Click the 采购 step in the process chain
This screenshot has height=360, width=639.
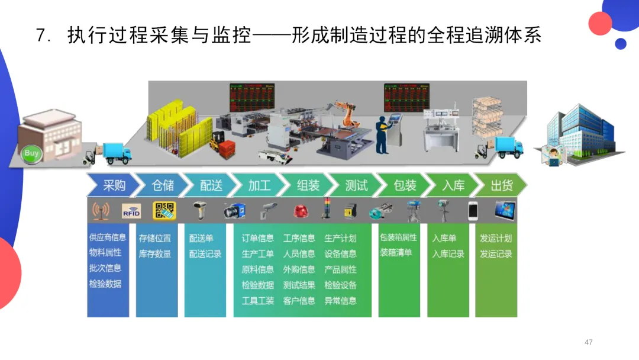114,185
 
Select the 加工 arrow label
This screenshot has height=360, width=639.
259,185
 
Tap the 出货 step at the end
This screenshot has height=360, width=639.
501,185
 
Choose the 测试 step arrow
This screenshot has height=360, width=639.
356,185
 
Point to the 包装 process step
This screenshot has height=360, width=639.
405,185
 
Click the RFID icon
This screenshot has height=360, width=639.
131,211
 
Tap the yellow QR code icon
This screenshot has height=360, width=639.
164,211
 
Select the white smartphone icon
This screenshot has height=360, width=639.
473,211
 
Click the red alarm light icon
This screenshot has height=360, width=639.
299,211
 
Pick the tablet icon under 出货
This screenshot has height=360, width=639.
505,210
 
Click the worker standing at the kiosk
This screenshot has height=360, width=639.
383,136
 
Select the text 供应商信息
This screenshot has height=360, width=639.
107,237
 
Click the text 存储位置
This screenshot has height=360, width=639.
154,238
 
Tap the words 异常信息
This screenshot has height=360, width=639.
340,300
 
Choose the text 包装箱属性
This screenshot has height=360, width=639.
398,237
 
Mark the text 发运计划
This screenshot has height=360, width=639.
496,238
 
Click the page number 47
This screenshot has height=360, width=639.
588,342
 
